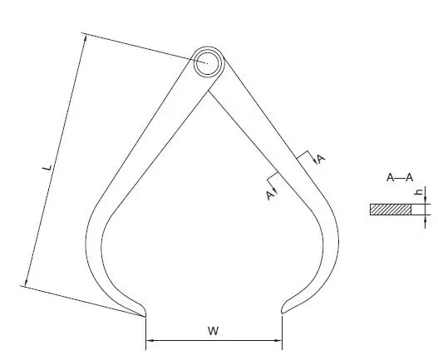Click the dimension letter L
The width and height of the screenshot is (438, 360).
(47, 167)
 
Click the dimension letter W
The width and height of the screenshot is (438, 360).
(214, 331)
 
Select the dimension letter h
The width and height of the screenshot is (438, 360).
(419, 192)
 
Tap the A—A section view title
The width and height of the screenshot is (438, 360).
(400, 177)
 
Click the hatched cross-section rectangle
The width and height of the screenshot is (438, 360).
(391, 210)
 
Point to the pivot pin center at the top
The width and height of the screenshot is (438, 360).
(207, 63)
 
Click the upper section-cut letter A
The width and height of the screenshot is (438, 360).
(322, 159)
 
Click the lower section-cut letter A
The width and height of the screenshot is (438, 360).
(269, 195)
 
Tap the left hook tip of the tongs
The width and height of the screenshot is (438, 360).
(145, 316)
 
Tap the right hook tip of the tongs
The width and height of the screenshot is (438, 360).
(282, 313)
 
